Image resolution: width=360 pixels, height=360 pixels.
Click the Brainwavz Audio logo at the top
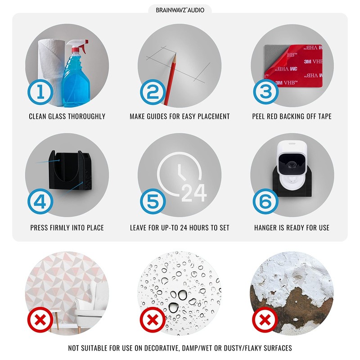(x=180, y=10)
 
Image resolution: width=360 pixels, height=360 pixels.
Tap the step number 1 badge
(x=40, y=92)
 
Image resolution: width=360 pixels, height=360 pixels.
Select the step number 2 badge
(x=153, y=92)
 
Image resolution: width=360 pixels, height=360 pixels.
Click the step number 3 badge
(x=266, y=92)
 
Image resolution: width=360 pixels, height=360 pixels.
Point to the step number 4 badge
(x=40, y=201)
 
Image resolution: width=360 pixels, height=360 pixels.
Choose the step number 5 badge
(x=153, y=201)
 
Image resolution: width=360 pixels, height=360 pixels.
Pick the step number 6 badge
(x=265, y=201)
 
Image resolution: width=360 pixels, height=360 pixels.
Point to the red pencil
(x=170, y=79)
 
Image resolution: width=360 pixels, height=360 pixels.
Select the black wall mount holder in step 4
(x=70, y=171)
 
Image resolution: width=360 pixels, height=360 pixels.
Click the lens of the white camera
(x=292, y=164)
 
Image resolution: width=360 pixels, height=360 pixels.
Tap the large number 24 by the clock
(x=194, y=193)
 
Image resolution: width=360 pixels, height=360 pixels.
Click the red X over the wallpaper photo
(x=40, y=320)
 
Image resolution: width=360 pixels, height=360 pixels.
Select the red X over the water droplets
(x=153, y=320)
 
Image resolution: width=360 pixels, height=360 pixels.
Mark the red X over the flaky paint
(x=265, y=320)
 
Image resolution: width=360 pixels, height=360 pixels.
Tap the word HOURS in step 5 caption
(x=199, y=228)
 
